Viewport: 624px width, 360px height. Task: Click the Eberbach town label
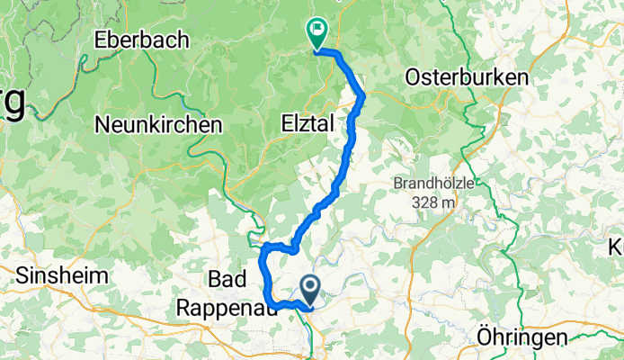tap(143, 40)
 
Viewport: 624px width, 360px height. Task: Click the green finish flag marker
tap(317, 33)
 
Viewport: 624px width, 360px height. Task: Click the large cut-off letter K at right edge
tap(617, 245)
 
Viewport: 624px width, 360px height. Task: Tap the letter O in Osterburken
tap(415, 77)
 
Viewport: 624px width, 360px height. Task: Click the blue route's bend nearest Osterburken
tap(363, 94)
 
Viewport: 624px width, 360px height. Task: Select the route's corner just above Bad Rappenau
tap(263, 246)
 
